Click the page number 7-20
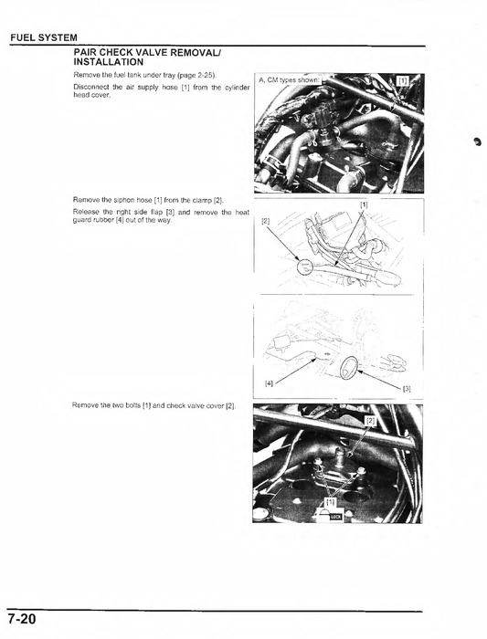19,621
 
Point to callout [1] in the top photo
404,80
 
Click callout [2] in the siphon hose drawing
266,222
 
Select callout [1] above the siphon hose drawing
364,204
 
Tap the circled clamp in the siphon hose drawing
303,267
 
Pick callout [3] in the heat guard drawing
407,389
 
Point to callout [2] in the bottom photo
371,422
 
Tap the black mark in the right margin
476,141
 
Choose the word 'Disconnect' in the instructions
90,87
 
